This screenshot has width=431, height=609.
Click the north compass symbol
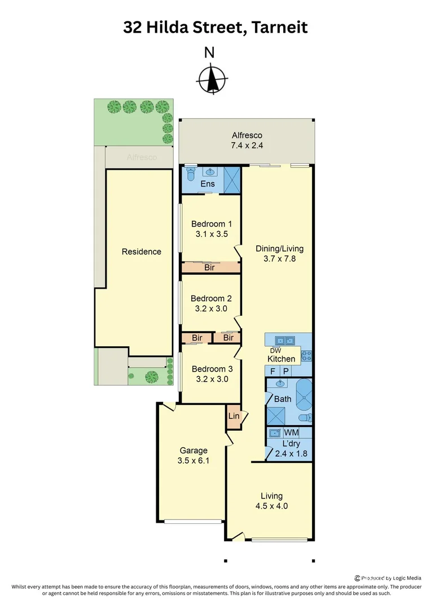point(213,80)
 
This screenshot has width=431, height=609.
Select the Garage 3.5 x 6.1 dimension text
point(193,461)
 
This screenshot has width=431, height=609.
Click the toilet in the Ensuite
point(190,171)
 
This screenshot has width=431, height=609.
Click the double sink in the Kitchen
point(284,341)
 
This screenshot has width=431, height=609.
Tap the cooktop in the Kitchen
point(307,356)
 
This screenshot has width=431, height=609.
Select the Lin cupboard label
point(234,416)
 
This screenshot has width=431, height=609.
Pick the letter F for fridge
point(273,371)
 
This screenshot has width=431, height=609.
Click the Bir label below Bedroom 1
point(209,268)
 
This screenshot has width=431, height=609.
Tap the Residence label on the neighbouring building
point(141,251)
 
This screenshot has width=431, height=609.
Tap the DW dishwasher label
point(275,350)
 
